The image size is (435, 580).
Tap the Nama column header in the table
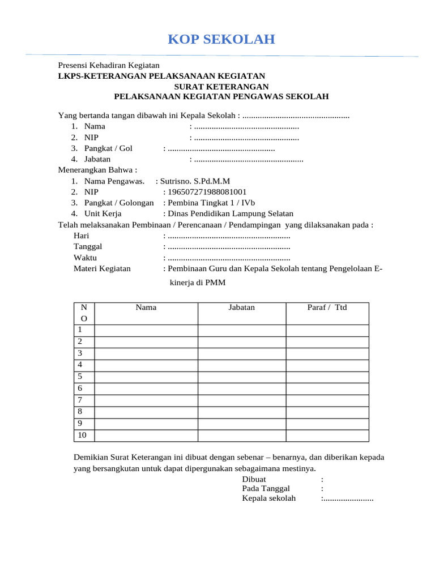pyautogui.click(x=146, y=308)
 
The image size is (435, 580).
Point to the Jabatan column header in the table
pyautogui.click(x=241, y=308)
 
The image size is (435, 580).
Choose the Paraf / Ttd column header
pyautogui.click(x=327, y=308)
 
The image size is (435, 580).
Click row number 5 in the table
pyautogui.click(x=80, y=377)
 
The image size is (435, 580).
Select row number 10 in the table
pyautogui.click(x=83, y=435)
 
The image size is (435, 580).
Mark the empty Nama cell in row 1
pyautogui.click(x=146, y=330)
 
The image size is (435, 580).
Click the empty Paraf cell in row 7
pyautogui.click(x=327, y=400)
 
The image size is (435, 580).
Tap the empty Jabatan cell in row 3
pyautogui.click(x=241, y=353)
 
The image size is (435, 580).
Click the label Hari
pyautogui.click(x=82, y=236)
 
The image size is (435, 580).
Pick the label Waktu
pyautogui.click(x=85, y=258)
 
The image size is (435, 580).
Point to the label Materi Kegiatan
pyautogui.click(x=102, y=268)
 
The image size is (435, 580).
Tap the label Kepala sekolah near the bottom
pyautogui.click(x=268, y=498)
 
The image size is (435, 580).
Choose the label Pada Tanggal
pyautogui.click(x=266, y=488)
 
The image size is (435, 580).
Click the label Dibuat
pyautogui.click(x=254, y=479)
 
